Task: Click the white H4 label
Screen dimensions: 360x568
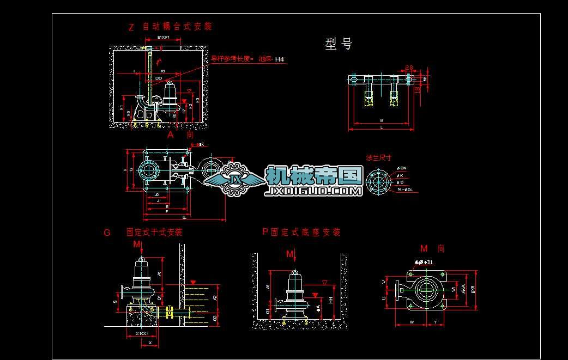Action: coord(280,59)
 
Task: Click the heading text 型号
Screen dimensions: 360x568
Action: coord(339,45)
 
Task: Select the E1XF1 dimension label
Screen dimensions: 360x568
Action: coord(163,37)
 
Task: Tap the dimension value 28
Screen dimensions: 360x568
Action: coord(409,68)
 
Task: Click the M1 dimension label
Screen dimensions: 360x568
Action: coord(425,79)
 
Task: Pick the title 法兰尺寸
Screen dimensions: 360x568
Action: coord(379,158)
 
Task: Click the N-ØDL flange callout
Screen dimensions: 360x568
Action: coord(406,190)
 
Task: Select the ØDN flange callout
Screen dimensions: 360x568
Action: coord(402,168)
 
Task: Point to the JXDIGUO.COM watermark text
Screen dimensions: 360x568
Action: coord(313,191)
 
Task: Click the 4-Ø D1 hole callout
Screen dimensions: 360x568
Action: coord(423,263)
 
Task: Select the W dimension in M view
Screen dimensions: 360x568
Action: coord(412,322)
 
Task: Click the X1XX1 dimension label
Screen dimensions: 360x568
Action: coord(143,333)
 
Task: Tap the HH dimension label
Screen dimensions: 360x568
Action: coord(331,300)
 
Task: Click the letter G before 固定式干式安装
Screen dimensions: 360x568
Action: coord(107,233)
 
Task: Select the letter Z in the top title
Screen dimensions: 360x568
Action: coord(131,27)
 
